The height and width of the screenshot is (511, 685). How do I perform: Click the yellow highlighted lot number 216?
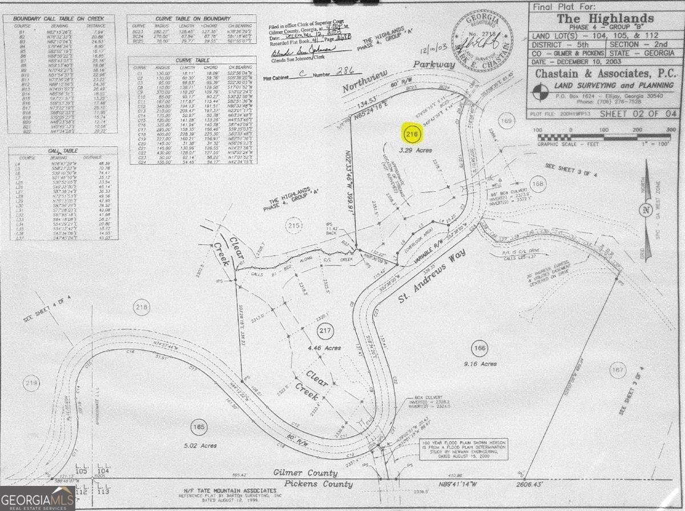[412, 135]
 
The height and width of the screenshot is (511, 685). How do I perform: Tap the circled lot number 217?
[325, 331]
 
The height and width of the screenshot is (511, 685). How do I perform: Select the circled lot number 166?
[479, 347]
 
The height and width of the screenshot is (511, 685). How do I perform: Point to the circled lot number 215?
[293, 226]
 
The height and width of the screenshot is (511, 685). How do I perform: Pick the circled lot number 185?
[199, 427]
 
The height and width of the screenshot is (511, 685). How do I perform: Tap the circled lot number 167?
[617, 370]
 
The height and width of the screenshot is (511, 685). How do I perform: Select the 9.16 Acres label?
[480, 363]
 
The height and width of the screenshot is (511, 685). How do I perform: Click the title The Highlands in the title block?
[605, 18]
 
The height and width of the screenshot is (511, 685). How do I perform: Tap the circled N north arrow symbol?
[645, 209]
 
